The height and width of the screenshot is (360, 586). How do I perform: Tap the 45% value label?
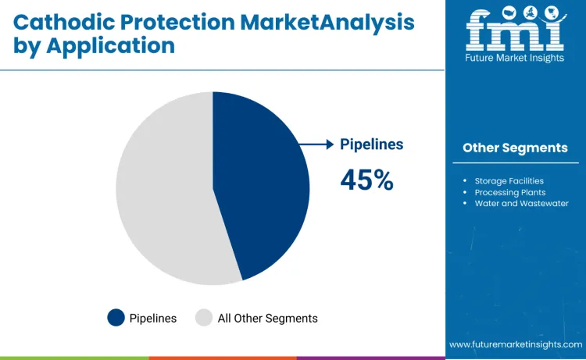click(x=366, y=180)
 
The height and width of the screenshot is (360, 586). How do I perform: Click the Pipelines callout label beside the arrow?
click(x=371, y=144)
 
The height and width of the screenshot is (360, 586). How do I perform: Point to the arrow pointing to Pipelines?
click(x=316, y=144)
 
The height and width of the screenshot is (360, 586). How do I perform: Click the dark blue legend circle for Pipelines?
click(x=116, y=318)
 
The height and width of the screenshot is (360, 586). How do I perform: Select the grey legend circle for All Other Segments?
click(x=204, y=318)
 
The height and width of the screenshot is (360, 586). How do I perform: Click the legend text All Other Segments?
click(x=267, y=318)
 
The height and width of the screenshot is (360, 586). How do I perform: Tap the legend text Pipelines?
click(x=153, y=318)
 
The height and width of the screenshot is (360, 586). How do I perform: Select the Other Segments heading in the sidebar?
click(x=515, y=148)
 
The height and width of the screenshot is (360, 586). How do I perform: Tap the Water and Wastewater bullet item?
click(x=521, y=203)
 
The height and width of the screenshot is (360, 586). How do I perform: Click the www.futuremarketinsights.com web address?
click(x=515, y=344)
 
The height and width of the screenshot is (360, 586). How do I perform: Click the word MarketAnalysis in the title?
click(x=329, y=21)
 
